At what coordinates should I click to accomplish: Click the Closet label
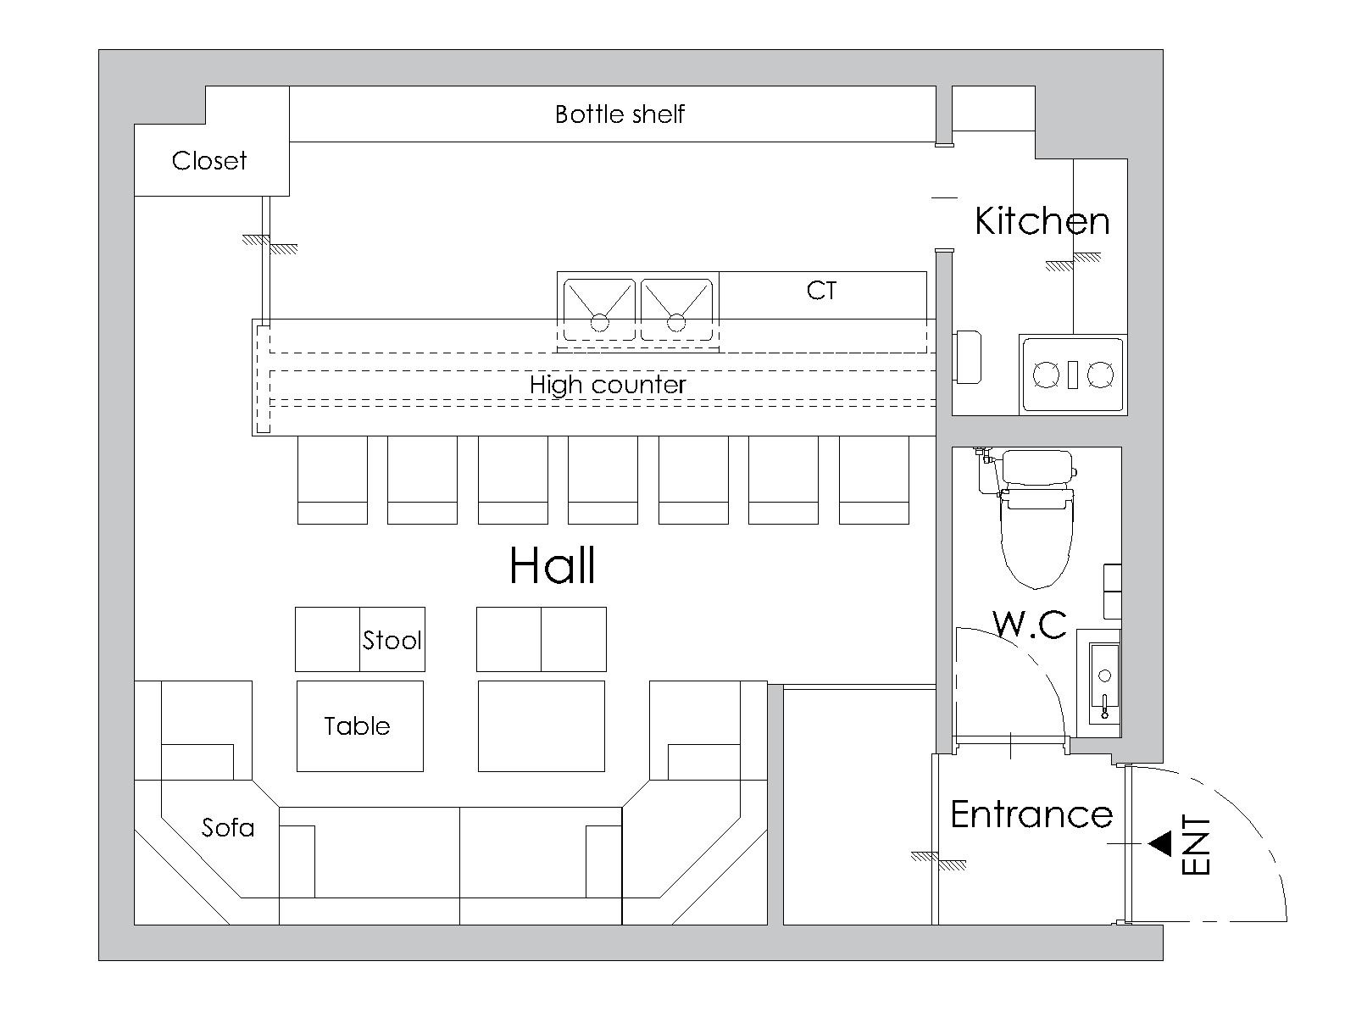click(208, 160)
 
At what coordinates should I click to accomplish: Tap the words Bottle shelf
click(620, 114)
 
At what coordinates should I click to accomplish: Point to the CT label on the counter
click(821, 290)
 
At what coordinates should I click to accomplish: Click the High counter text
click(608, 385)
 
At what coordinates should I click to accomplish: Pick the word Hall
click(553, 565)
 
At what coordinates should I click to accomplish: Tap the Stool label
click(392, 641)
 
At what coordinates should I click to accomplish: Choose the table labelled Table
click(360, 726)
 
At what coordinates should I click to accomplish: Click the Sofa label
click(228, 827)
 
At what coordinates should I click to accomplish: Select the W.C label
click(1030, 624)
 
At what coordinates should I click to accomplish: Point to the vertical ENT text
click(1196, 845)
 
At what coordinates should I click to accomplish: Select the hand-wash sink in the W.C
click(1104, 683)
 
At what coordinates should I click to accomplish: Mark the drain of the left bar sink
click(599, 322)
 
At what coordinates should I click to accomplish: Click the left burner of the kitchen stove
click(1046, 375)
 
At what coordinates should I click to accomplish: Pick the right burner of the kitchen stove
click(1100, 375)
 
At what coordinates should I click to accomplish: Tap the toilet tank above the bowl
click(1037, 468)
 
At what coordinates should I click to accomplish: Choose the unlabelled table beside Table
click(542, 726)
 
